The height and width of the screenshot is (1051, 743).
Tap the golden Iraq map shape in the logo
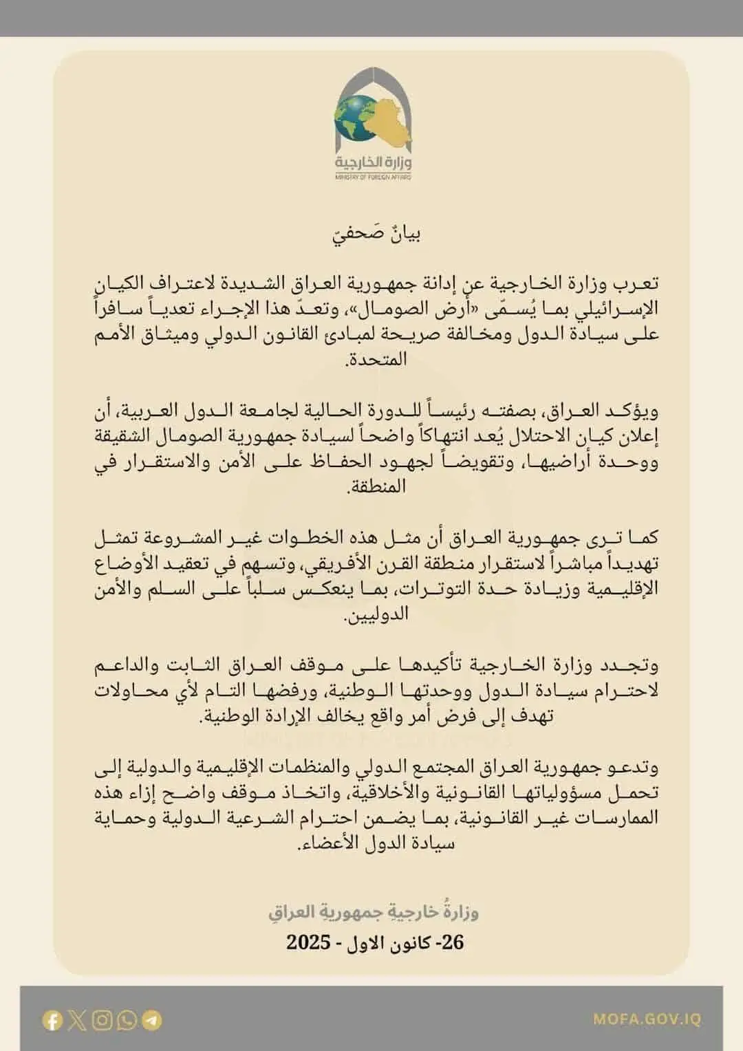(389, 124)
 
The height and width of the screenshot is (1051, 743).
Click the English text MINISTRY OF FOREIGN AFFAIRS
(373, 177)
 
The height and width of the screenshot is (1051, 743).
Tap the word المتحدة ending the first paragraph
(377, 358)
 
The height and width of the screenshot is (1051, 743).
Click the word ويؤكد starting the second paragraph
(636, 411)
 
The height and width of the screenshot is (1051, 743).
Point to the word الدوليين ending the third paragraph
(376, 614)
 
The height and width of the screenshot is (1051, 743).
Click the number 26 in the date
(451, 942)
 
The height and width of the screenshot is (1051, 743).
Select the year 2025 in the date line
(309, 942)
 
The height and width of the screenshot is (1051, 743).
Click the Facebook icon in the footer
(52, 1020)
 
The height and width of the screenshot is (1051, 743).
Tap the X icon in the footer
(77, 1020)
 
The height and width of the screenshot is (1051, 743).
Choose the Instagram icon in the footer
(102, 1020)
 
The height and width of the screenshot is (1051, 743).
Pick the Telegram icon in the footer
(152, 1020)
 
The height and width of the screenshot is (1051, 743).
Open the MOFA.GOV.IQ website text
(647, 1019)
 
